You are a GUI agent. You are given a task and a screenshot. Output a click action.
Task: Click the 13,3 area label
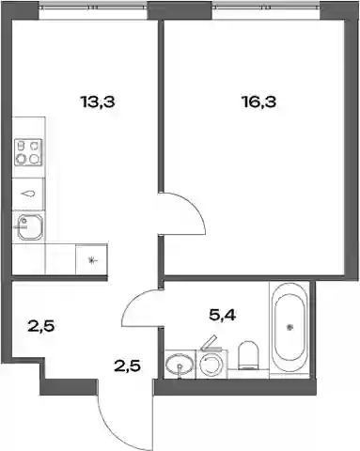point(98,101)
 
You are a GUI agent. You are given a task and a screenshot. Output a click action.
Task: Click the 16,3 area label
point(259,101)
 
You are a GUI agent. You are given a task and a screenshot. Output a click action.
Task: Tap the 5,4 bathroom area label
point(223,315)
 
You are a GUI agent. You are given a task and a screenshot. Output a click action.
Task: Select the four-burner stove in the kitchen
point(28,152)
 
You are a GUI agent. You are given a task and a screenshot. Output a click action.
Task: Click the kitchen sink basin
point(29,227)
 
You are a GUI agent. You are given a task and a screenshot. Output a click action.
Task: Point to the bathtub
point(290,328)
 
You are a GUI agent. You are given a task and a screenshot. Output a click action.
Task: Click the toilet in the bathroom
point(248,355)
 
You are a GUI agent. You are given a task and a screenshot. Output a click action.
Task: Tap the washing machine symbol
point(211,364)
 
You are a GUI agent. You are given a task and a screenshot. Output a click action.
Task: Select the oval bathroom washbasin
point(179,365)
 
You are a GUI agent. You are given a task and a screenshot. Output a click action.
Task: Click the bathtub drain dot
point(290,328)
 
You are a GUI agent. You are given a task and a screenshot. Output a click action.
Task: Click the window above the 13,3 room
point(93,8)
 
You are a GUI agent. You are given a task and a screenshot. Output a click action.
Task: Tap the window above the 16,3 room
point(266,8)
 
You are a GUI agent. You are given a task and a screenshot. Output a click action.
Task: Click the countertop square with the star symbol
point(91,259)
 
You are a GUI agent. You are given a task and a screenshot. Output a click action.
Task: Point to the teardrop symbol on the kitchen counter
point(27,194)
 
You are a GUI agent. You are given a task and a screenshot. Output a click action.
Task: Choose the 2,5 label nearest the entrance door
point(127,365)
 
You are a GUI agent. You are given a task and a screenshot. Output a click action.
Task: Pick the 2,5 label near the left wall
point(41,326)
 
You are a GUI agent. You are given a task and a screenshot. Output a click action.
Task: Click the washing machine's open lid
point(209,342)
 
